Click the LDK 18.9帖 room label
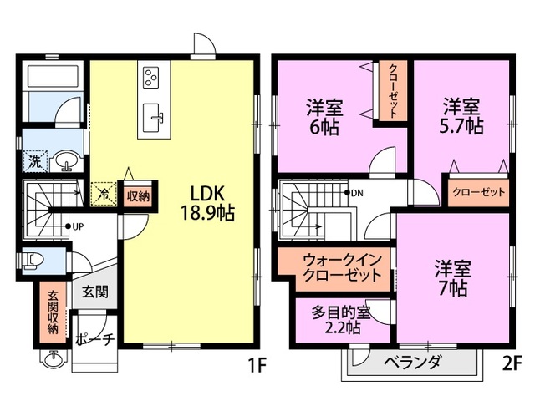click(x=207, y=204)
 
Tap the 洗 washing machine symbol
click(x=33, y=161)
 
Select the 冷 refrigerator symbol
click(x=104, y=194)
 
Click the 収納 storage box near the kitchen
click(x=138, y=196)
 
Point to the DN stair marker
click(x=354, y=193)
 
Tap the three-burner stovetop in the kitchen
click(x=151, y=77)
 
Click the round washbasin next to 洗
click(x=67, y=161)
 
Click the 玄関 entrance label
click(x=95, y=292)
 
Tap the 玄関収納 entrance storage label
click(x=53, y=312)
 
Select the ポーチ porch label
click(x=94, y=340)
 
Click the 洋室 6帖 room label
click(x=324, y=117)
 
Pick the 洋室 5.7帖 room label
click(x=461, y=116)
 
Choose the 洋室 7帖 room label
click(x=453, y=279)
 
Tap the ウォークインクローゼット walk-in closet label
click(x=342, y=268)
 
